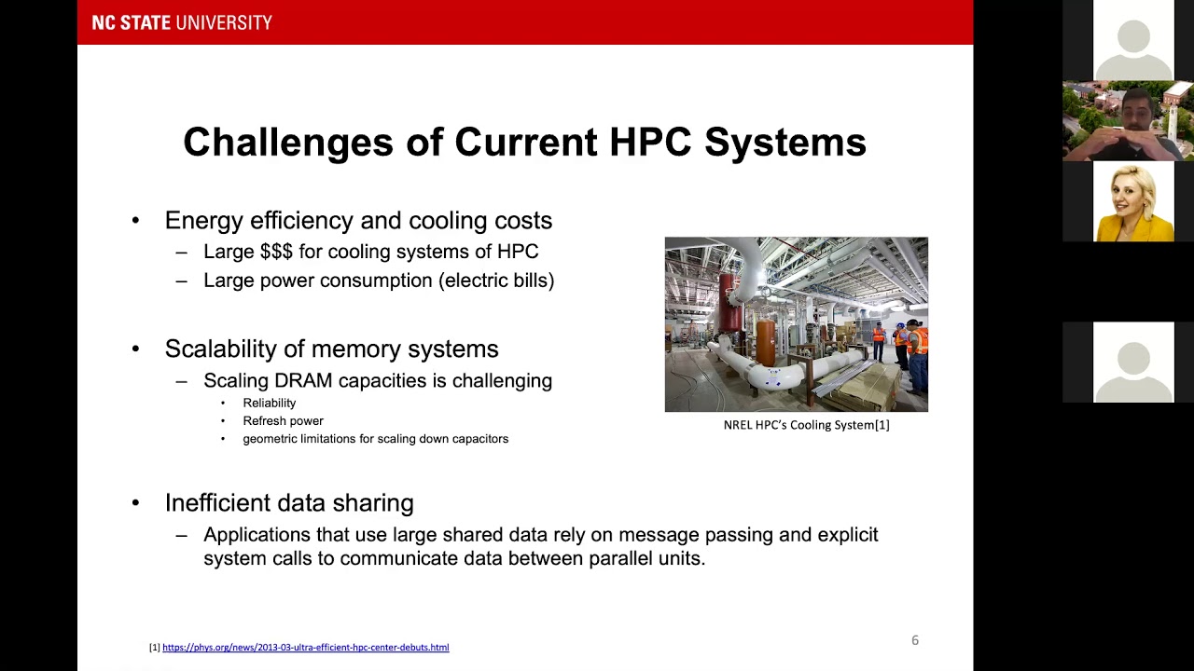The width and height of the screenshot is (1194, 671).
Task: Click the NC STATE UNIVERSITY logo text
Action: [182, 22]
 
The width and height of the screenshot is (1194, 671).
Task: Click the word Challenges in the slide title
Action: [288, 143]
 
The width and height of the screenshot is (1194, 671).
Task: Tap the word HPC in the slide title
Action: [649, 143]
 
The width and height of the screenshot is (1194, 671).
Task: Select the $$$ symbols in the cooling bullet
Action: [276, 252]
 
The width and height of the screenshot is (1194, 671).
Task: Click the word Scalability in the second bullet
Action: [220, 349]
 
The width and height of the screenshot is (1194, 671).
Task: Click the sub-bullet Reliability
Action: [269, 403]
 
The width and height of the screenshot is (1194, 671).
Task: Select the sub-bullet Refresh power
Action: [283, 420]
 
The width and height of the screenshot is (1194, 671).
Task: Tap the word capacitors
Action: [479, 438]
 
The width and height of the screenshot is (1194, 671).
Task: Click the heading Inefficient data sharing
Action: [289, 503]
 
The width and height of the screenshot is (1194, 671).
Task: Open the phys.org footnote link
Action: [305, 647]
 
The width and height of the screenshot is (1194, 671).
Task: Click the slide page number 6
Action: [915, 640]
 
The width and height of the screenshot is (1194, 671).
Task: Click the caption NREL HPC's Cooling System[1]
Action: [806, 425]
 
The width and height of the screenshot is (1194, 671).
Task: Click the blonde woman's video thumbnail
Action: [1132, 202]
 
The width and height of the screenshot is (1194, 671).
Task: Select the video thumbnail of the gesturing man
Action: [1127, 121]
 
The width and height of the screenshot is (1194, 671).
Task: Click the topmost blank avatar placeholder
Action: [1133, 40]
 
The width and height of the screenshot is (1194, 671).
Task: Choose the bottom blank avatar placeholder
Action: [1133, 363]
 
